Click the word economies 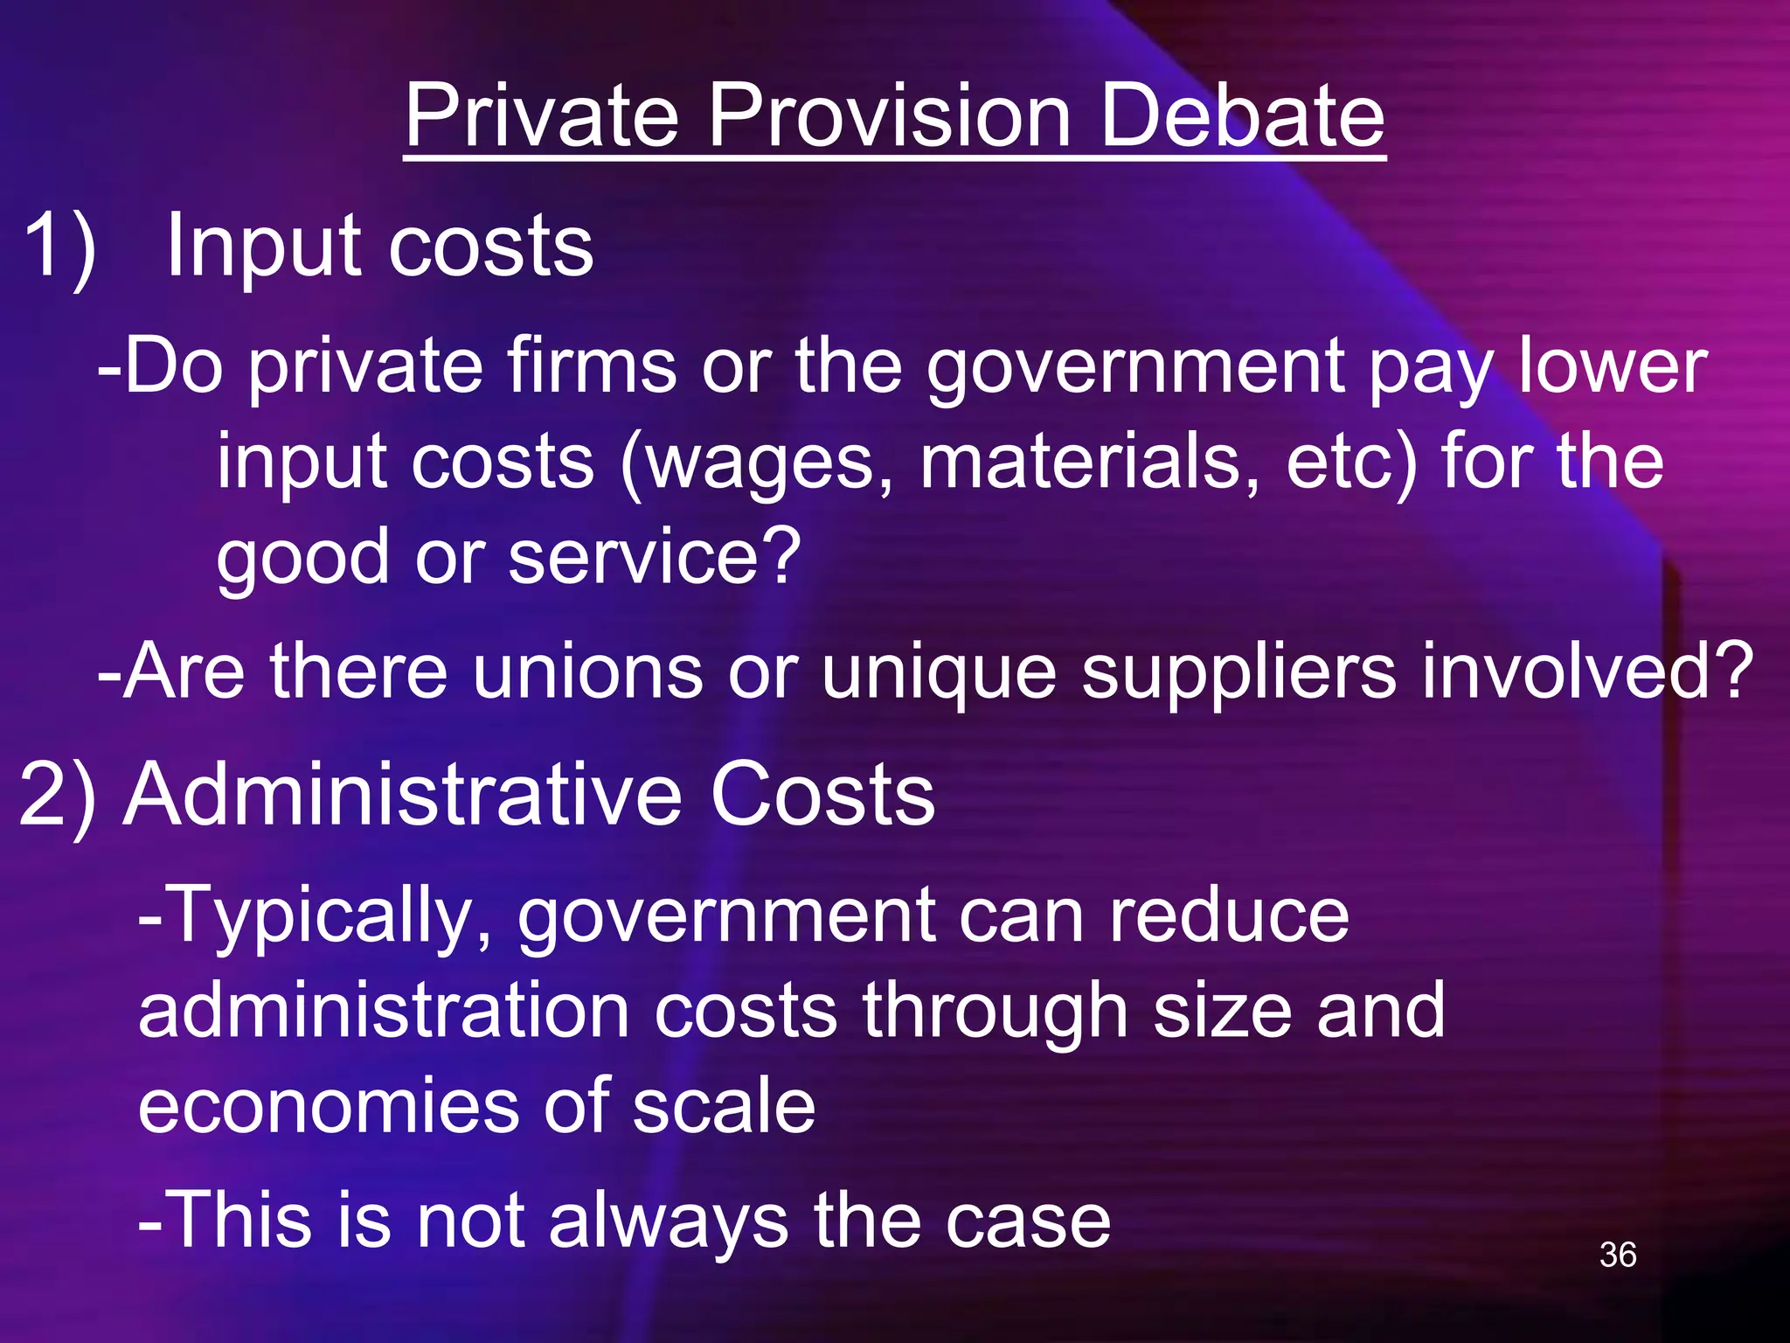tap(329, 1107)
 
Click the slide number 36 tap(1618, 1255)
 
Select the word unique tap(939, 673)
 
